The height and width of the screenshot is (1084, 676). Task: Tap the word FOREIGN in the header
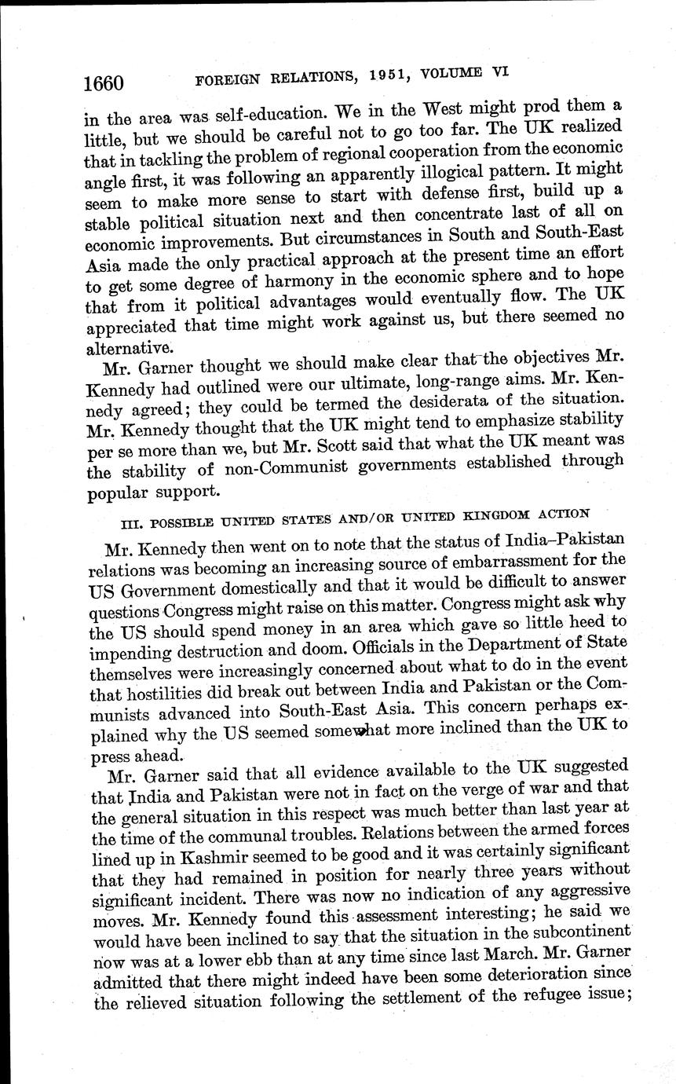(228, 80)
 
